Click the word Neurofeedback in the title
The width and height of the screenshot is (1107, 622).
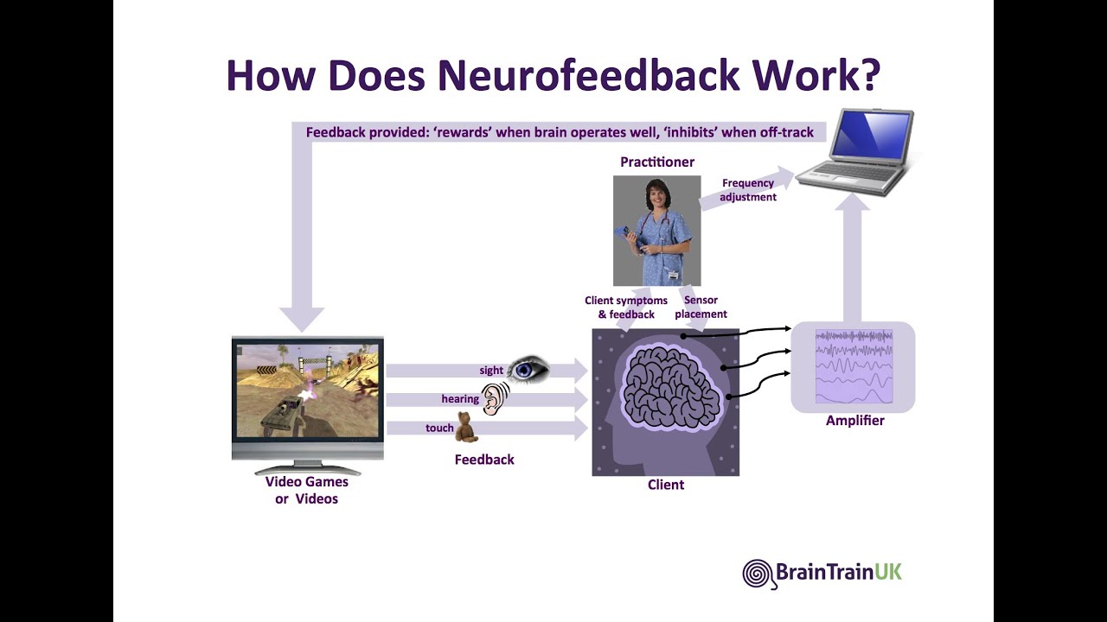[588, 75]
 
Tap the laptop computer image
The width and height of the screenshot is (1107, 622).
[854, 151]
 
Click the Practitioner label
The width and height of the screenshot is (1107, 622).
[656, 162]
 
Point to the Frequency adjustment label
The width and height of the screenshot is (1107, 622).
[748, 190]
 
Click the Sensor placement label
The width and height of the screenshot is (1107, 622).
[701, 308]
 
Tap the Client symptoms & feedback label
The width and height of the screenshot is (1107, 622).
[626, 308]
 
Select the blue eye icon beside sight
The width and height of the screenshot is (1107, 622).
[528, 370]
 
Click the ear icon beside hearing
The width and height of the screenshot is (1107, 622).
[495, 399]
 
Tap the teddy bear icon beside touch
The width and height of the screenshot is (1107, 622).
[466, 427]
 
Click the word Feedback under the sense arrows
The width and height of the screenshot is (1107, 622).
[484, 460]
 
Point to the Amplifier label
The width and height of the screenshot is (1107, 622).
[854, 421]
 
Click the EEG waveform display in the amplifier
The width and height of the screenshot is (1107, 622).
[854, 366]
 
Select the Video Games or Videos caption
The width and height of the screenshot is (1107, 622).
[307, 491]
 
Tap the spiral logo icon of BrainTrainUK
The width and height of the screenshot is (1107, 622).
[758, 574]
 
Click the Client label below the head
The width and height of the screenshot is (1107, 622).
[665, 486]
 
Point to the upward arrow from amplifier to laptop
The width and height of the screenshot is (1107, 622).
[852, 259]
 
